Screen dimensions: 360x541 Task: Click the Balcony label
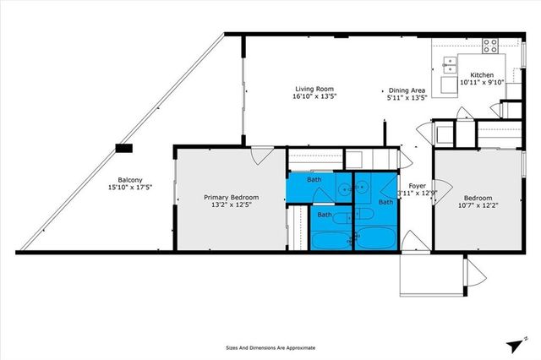pos(129,179)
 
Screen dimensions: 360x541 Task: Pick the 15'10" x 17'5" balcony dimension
pos(129,188)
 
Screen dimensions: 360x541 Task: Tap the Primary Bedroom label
pos(232,197)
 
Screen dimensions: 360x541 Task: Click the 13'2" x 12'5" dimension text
pos(232,205)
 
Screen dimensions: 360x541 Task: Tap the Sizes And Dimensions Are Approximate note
pos(270,347)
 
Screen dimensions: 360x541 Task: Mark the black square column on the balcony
pos(124,149)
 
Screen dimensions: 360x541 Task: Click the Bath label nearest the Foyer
pos(385,203)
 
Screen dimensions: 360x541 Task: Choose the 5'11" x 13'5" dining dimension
pos(407,98)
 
